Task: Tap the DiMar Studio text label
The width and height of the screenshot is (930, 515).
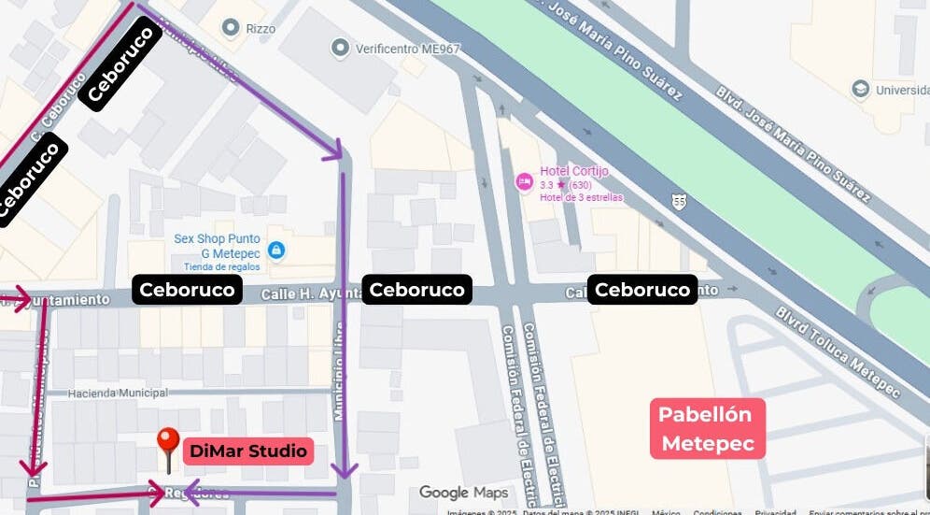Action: coord(247,451)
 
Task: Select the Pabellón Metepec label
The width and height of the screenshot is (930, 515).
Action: coord(708,429)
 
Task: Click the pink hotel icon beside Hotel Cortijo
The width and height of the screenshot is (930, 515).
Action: coord(524,179)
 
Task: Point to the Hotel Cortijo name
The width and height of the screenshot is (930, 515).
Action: coord(574,171)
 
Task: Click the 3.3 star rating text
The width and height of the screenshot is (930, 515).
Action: coord(566,185)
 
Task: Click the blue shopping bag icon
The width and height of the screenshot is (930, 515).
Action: coord(276,250)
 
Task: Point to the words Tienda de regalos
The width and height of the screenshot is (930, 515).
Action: coord(222,266)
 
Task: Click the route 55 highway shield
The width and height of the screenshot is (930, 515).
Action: coord(679,201)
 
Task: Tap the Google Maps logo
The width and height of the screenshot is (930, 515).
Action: coord(463,493)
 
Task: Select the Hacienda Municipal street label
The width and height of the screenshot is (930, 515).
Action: coord(118,393)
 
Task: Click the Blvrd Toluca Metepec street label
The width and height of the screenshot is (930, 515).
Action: coord(838,351)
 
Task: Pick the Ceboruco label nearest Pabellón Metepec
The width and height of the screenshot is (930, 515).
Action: coord(641,290)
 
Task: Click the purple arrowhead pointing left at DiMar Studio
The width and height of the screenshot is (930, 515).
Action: coord(191,491)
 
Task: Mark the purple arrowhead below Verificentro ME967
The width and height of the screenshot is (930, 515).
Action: coord(333,152)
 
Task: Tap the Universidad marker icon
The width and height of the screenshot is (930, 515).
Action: coord(860,89)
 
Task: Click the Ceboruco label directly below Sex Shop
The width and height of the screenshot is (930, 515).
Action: coord(188,290)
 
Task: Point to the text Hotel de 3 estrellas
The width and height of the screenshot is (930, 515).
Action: coord(581,197)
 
